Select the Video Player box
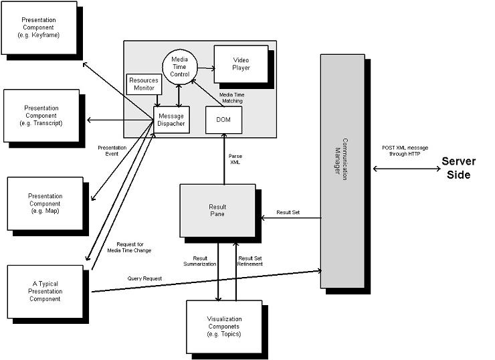(x=240, y=64)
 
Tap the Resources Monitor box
(x=144, y=84)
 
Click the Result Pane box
(x=217, y=209)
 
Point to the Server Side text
(x=458, y=168)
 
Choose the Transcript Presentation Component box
(x=41, y=115)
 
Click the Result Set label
(x=288, y=212)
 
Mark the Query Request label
(x=144, y=278)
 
